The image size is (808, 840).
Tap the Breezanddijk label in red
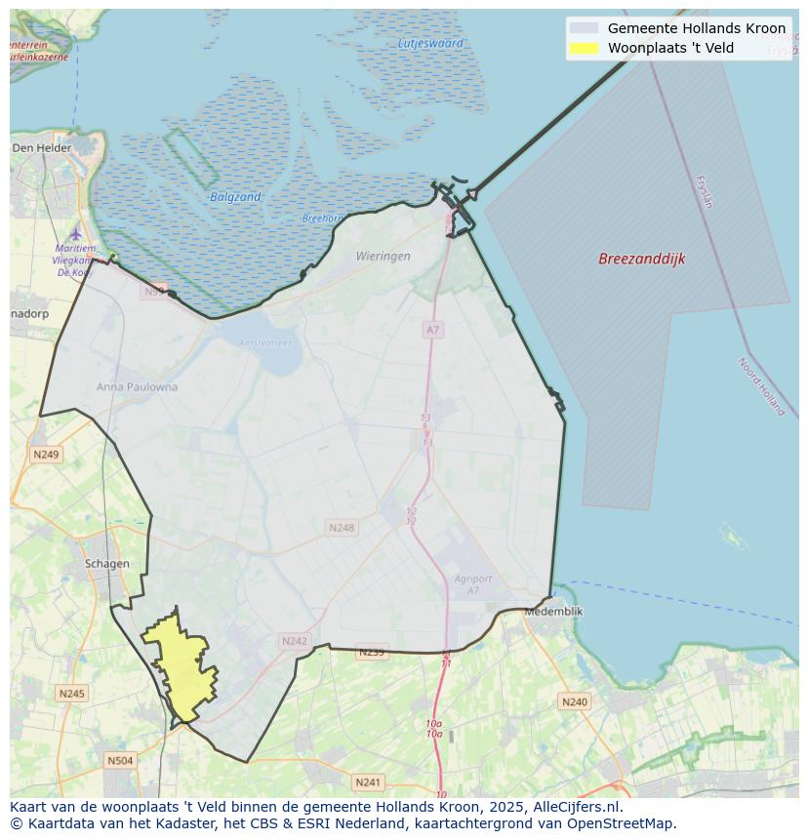click(641, 259)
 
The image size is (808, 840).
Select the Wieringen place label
click(383, 257)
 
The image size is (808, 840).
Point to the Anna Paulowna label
click(137, 387)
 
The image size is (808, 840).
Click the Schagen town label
click(106, 564)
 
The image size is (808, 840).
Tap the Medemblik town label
click(553, 612)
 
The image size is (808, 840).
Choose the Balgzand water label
click(235, 197)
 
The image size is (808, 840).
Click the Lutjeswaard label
click(430, 44)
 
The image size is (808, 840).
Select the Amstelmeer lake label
click(265, 343)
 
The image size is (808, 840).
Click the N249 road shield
click(46, 455)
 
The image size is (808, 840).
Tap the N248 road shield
click(341, 528)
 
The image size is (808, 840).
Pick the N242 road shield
click(294, 641)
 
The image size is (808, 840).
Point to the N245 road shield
click(71, 694)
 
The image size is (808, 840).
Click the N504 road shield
click(120, 760)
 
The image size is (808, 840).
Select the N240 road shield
click(574, 701)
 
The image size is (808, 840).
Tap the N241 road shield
click(368, 782)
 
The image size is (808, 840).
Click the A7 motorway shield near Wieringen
click(432, 330)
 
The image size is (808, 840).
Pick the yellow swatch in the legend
click(584, 48)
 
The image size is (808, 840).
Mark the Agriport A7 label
click(473, 584)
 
